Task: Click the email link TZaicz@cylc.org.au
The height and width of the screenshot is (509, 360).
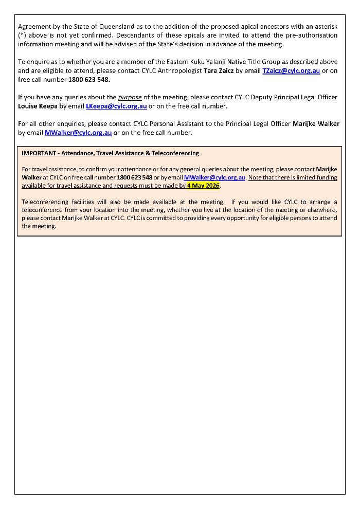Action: (291, 71)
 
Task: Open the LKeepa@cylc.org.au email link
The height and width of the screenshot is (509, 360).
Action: (116, 106)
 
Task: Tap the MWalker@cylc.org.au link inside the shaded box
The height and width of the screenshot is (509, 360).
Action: (214, 177)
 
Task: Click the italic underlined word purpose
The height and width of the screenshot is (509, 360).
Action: (130, 97)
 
